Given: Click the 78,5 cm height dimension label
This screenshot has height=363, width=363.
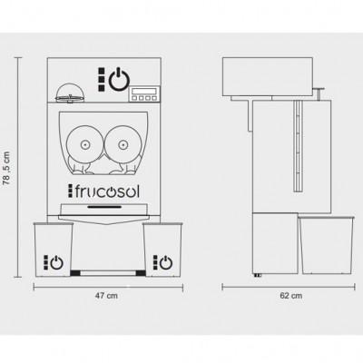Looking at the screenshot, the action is point(6,168).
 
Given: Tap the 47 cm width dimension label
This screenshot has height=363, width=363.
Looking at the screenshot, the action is point(106,296).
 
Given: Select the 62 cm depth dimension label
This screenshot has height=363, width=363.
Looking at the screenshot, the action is point(290,296).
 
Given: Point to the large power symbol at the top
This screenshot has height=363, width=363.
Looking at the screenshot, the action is point(119,79).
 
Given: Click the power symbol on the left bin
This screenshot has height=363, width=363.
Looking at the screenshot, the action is point(56,262).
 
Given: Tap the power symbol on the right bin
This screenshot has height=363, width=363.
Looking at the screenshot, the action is point(166,262).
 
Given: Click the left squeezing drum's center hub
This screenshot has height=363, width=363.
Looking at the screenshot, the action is point(85,144).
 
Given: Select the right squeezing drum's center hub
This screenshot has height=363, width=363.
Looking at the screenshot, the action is point(123,144).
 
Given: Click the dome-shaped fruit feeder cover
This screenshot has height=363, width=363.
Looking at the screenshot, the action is point(70,93).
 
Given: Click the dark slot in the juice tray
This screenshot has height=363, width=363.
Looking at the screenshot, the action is point(104,207).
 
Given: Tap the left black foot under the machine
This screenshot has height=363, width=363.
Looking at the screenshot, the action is point(75,273).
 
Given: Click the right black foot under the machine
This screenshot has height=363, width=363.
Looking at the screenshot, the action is point(141,273).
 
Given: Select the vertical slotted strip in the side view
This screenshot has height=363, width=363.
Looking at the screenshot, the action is point(298,146).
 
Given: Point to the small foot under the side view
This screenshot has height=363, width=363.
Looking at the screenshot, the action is point(258,275).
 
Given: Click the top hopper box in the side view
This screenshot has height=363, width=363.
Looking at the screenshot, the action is point(267,77).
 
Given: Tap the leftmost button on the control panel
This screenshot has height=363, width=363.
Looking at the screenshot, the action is point(134,98).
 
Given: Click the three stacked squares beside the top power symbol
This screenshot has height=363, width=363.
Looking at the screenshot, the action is point(102,79).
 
